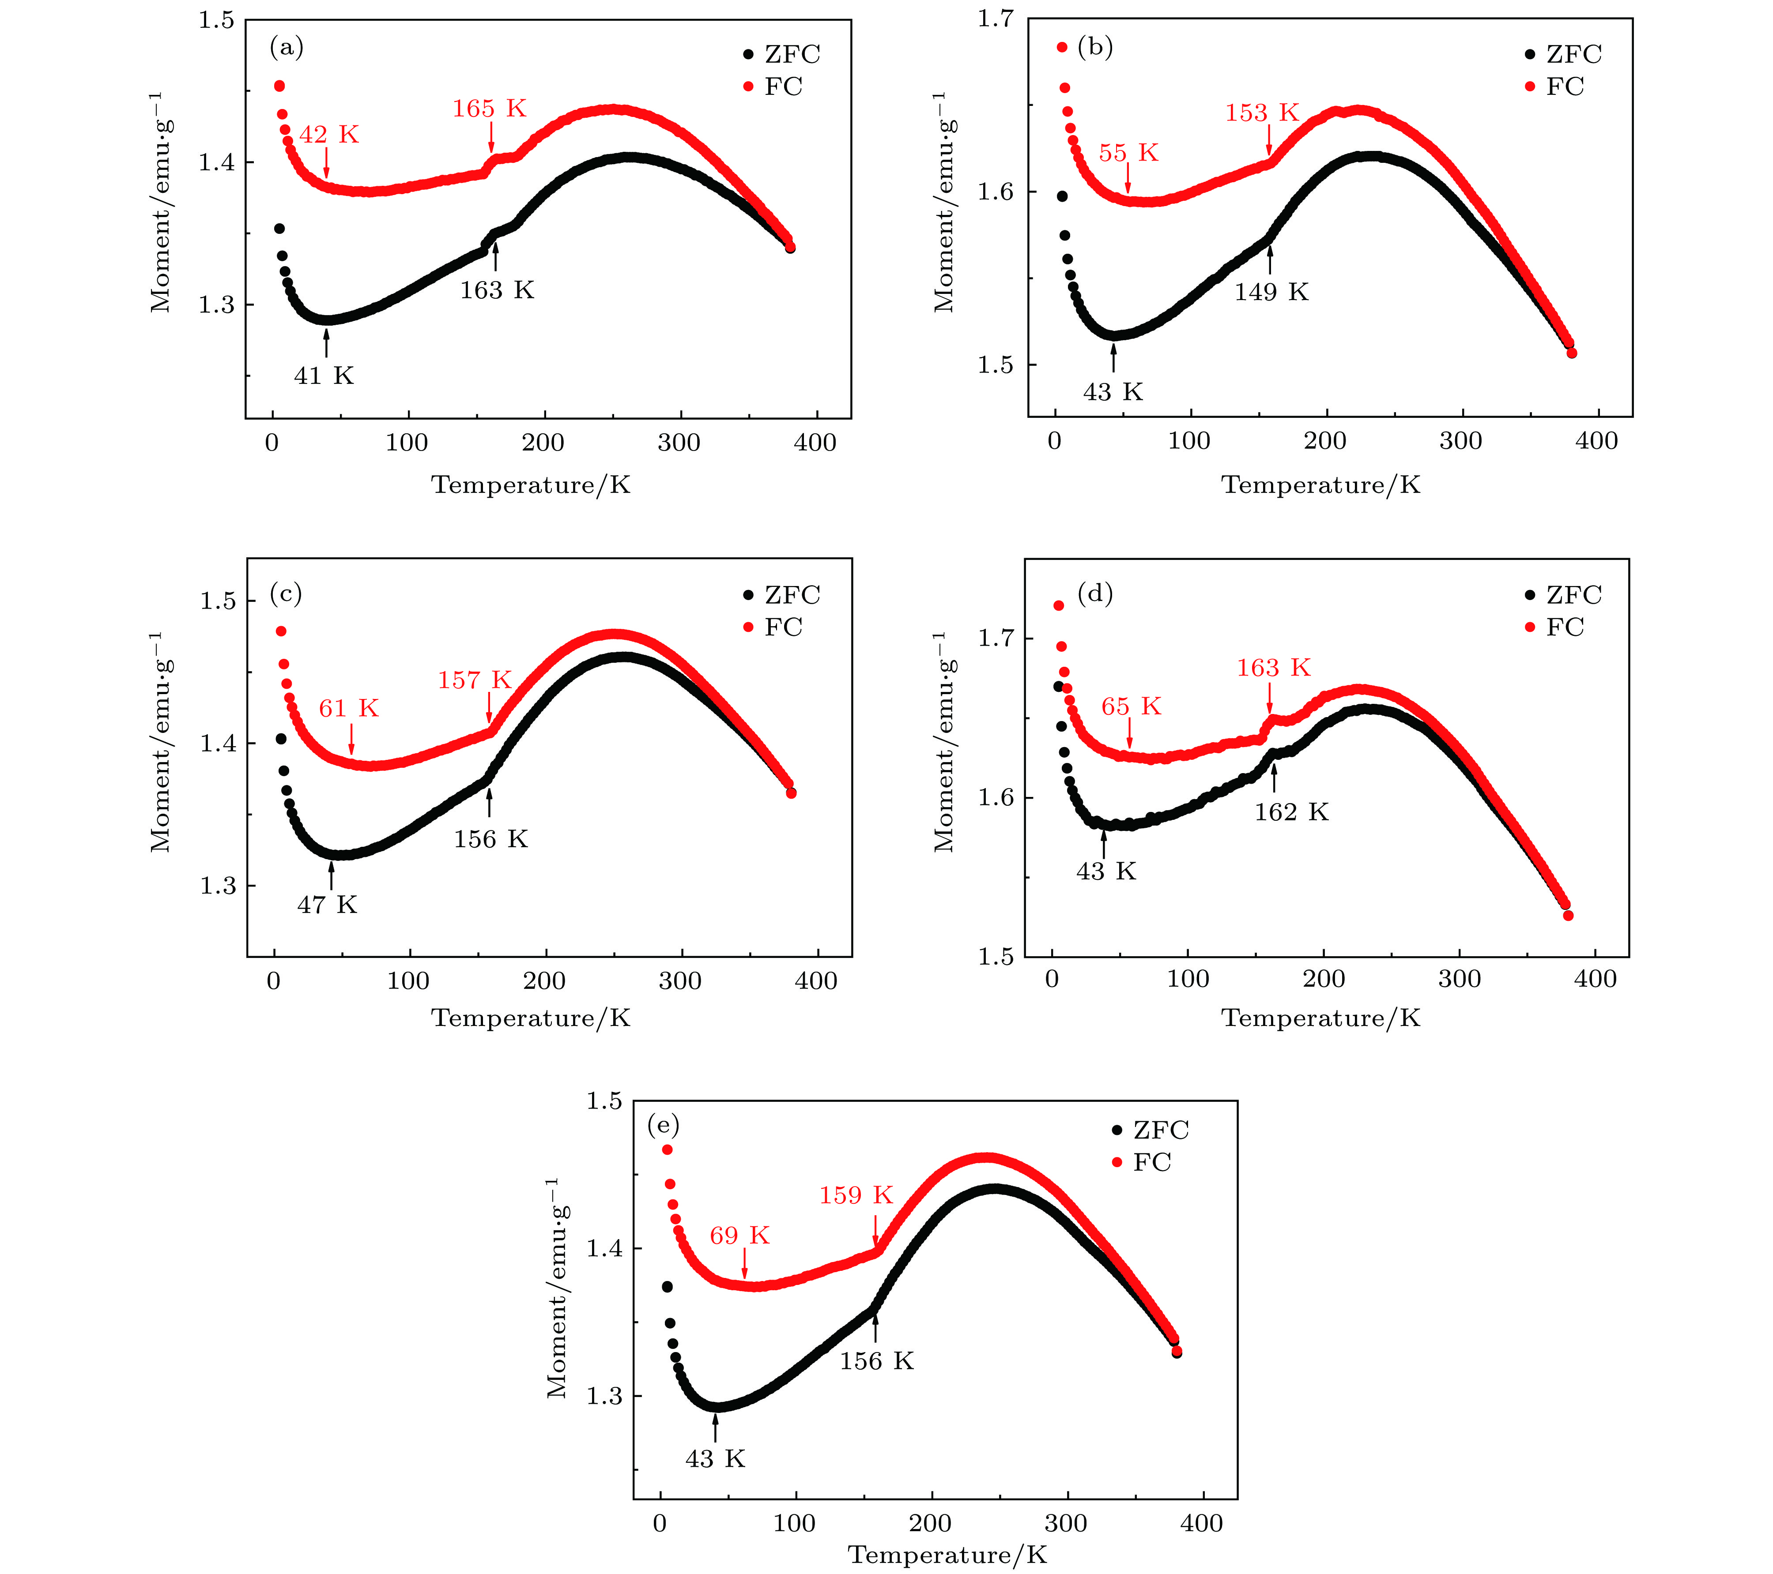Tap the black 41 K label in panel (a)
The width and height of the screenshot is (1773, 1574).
[324, 376]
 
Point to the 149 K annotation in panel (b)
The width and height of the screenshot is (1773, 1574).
[1271, 292]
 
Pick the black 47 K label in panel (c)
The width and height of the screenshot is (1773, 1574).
[327, 905]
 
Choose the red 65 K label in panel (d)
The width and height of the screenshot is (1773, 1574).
[1130, 707]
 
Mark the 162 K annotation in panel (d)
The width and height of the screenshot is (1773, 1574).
[1291, 812]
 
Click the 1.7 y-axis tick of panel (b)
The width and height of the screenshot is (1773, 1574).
[997, 19]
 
